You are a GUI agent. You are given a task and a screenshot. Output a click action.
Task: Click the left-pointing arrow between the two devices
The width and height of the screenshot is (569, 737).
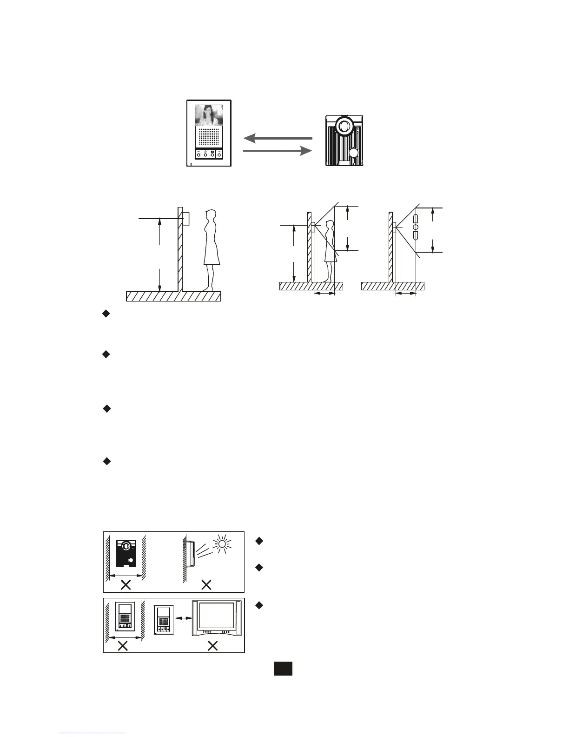[x=278, y=138]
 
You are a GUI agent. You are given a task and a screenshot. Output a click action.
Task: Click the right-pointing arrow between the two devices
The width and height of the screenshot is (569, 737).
[x=278, y=151]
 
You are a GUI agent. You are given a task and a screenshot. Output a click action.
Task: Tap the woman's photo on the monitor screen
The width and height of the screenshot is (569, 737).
[x=209, y=115]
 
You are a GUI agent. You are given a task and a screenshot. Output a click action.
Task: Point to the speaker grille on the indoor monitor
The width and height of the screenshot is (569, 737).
[x=209, y=138]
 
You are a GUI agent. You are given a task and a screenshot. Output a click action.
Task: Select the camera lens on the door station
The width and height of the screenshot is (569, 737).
[x=344, y=126]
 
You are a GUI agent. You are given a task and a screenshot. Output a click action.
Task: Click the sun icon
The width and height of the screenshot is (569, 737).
[x=221, y=543]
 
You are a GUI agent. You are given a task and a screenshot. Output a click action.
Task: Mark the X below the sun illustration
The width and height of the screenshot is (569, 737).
[x=206, y=585]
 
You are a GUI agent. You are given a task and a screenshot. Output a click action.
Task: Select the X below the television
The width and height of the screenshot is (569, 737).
[x=213, y=645]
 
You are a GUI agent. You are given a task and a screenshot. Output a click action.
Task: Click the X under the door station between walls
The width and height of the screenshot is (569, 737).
[x=126, y=585]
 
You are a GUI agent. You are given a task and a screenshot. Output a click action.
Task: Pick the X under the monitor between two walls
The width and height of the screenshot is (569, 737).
[x=123, y=645]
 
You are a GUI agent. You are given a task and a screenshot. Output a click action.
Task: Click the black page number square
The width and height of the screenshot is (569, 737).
[x=283, y=669]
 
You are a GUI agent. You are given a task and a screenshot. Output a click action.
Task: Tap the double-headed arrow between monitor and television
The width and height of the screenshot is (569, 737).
[x=183, y=618]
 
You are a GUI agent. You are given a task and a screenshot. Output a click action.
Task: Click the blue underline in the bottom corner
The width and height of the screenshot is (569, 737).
[x=92, y=733]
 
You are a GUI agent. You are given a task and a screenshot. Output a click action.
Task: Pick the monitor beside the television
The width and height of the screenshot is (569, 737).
[x=163, y=620]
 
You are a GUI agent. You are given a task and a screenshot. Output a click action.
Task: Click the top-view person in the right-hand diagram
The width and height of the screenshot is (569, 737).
[x=416, y=227]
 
